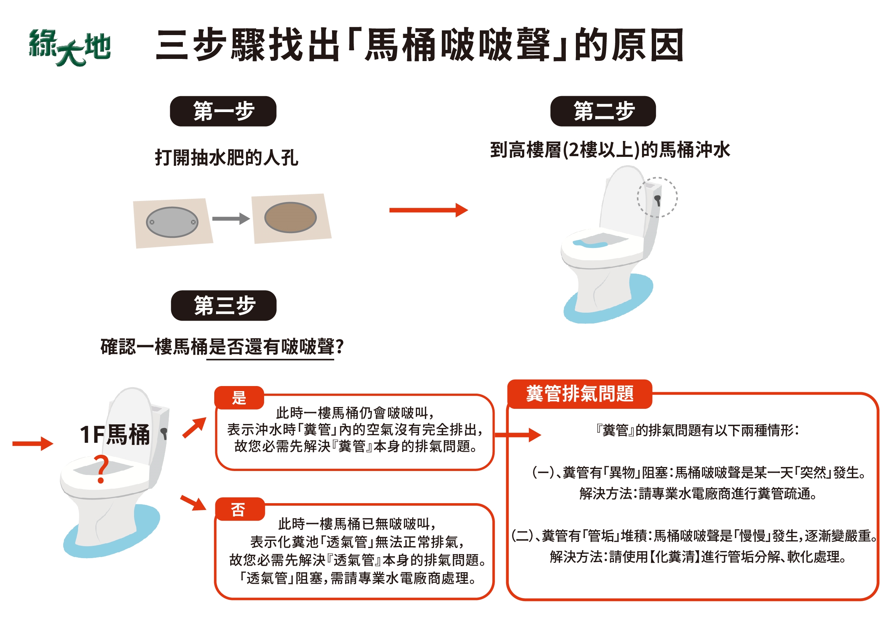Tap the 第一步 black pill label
pos(223,111)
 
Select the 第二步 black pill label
pos(603,111)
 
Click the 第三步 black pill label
pos(224,305)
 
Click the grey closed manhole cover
pos(172,222)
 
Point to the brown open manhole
pos(290,218)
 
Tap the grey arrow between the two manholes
pos(231,219)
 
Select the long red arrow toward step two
pos(428,210)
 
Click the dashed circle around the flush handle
pos(657,197)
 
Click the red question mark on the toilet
pos(102,468)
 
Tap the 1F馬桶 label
pos(115,434)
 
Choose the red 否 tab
pos(239,509)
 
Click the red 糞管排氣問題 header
pos(580,394)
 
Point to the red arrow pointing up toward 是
pos(194,428)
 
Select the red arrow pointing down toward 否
pos(193,502)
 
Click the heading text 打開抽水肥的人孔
pos(226,158)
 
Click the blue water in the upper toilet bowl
pos(590,244)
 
